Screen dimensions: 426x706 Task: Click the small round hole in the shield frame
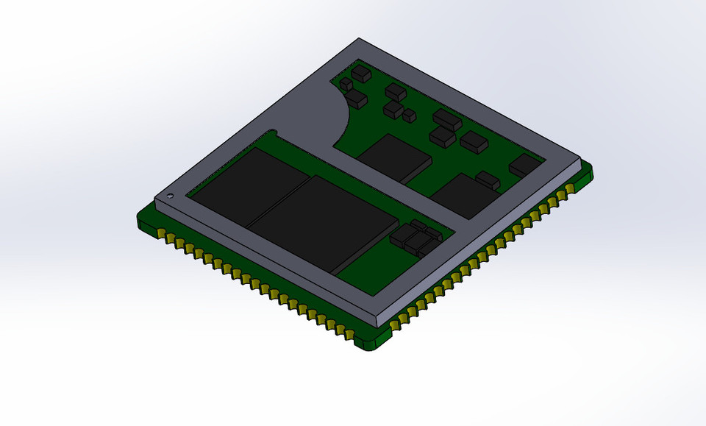pyautogui.click(x=171, y=196)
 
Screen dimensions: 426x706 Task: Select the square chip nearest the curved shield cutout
pyautogui.click(x=395, y=156)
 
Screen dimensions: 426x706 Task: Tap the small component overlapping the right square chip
pyautogui.click(x=488, y=179)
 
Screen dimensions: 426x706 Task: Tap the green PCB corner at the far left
pyautogui.click(x=140, y=219)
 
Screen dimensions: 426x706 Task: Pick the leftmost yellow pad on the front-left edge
pyautogui.click(x=161, y=235)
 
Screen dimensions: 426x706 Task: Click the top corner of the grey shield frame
pyautogui.click(x=358, y=40)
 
